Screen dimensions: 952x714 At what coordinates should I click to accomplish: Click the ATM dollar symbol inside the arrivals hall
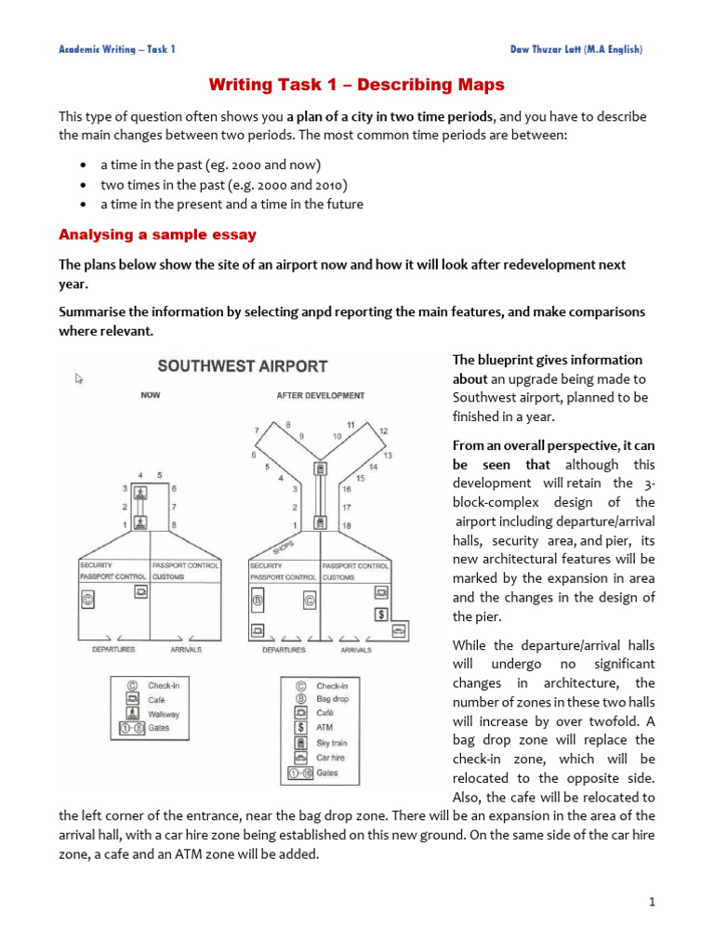pos(380,614)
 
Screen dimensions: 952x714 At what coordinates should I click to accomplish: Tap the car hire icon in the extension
pos(398,631)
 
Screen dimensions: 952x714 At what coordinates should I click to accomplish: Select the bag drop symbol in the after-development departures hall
pos(258,600)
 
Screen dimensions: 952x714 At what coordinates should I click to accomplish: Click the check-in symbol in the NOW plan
pos(88,601)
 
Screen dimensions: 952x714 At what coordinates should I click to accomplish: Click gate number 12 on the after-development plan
pos(383,431)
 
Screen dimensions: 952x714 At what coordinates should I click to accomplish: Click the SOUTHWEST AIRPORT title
pos(242,366)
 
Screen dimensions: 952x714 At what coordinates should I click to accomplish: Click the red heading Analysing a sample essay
pos(157,234)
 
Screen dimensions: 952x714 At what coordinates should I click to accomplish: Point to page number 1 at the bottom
pos(653,901)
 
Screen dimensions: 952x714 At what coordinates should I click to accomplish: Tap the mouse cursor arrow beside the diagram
pos(80,378)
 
